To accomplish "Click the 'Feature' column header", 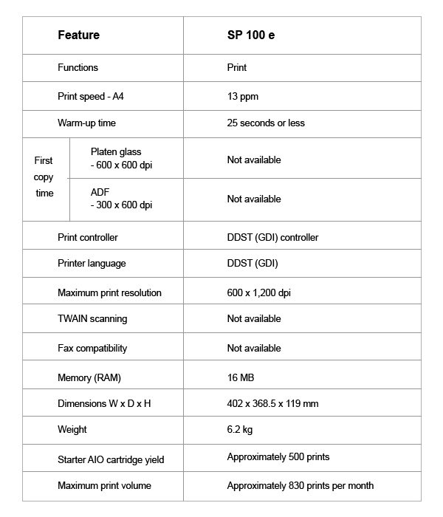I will tap(78, 35).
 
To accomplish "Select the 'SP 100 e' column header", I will tap(251, 35).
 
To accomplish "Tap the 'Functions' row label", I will tap(78, 67).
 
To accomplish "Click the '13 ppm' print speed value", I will tap(243, 96).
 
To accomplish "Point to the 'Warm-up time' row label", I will tap(86, 123).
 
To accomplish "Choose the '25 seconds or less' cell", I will tap(266, 123).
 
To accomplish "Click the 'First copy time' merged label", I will tap(44, 177).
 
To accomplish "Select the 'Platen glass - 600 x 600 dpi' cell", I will tap(121, 158).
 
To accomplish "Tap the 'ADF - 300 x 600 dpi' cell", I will tap(121, 198).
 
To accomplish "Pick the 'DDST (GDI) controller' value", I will tap(272, 237).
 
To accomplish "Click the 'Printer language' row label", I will tap(92, 263).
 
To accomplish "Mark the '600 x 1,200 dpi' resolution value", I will tap(259, 292).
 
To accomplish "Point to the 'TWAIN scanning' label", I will tap(92, 318).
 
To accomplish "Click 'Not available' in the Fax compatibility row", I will tap(254, 348).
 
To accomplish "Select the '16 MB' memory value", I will tap(241, 377).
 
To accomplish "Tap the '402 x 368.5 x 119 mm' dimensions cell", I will tap(272, 403).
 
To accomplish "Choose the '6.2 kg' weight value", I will tap(241, 429).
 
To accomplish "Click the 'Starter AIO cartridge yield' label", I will tap(111, 459).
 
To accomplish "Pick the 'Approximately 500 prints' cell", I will tap(278, 457).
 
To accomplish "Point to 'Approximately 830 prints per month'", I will tap(301, 485).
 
